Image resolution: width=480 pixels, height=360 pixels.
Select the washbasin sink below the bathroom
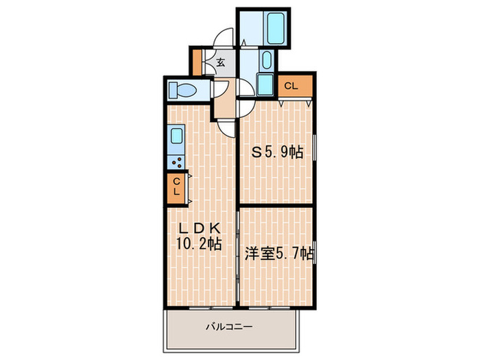point(266,62)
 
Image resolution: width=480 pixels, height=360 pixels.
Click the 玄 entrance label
point(220,62)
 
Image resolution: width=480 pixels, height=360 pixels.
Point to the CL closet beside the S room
point(291,86)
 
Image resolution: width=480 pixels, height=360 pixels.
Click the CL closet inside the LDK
point(176,187)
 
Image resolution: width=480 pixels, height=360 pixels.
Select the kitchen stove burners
point(177,163)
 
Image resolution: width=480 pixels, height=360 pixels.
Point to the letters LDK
point(199,228)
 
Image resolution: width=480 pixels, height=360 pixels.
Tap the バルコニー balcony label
point(229,327)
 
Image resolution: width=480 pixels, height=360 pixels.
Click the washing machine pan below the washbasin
point(266,85)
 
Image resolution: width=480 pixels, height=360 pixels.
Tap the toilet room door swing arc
point(221,88)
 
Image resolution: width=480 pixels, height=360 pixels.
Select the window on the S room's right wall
point(315,152)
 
